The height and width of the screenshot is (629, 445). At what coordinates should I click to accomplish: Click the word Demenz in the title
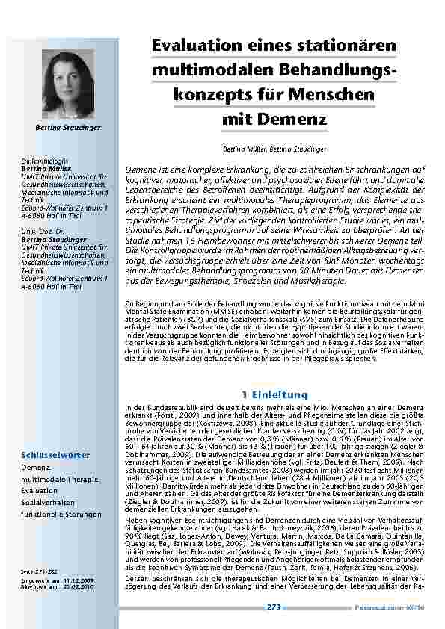click(x=290, y=118)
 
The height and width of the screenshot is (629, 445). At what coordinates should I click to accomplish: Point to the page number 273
click(x=274, y=607)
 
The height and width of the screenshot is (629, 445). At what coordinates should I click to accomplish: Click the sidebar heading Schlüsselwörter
click(x=55, y=456)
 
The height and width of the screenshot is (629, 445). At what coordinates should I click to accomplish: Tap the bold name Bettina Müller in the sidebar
click(x=45, y=169)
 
